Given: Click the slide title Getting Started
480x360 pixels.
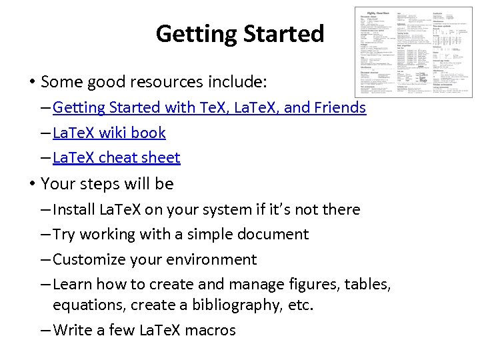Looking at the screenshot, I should (239, 33).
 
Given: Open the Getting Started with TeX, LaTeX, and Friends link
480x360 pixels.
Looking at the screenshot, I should (209, 107).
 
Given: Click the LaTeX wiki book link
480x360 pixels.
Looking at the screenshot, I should (109, 133).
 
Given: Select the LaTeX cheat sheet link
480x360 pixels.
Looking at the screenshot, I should (117, 158).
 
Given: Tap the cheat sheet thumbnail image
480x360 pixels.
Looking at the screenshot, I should (413, 52).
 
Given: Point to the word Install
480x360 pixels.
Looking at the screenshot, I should (74, 209).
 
